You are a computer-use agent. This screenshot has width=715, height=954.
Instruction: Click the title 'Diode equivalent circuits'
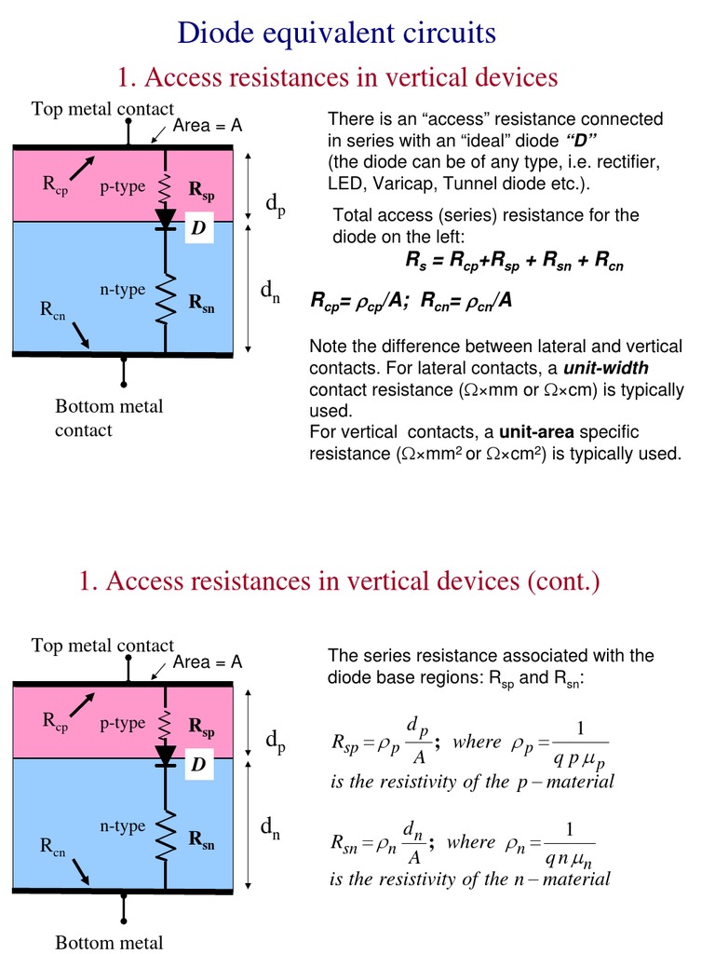(x=337, y=34)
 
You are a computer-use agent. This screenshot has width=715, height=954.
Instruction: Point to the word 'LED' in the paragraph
(x=344, y=184)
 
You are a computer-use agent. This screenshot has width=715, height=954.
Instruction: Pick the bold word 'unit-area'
(x=535, y=432)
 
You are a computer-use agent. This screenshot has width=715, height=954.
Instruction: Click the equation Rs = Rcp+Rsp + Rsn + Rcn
(x=514, y=264)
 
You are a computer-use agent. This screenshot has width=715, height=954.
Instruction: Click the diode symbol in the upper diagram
(x=166, y=218)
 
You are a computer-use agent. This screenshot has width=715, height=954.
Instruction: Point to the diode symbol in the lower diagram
(x=166, y=754)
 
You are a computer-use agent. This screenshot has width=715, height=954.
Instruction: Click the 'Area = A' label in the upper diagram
(x=208, y=126)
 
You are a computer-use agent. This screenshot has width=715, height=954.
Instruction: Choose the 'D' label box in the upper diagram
(x=197, y=228)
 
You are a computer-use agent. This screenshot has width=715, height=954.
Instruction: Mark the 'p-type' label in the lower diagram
(x=123, y=723)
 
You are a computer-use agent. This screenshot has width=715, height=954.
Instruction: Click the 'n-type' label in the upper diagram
(x=123, y=290)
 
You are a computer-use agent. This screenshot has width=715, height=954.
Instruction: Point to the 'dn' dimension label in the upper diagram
(x=271, y=293)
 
